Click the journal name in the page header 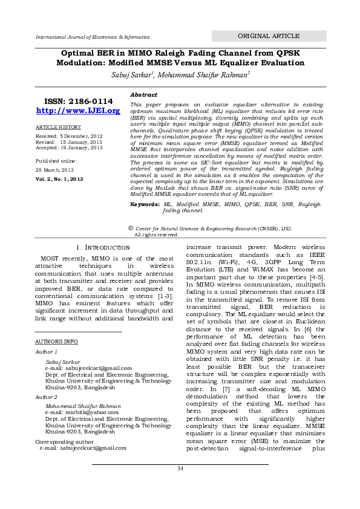(x=93, y=37)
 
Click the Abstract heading (x=144, y=95)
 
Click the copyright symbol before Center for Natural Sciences (x=131, y=228)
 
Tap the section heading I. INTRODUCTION (x=104, y=248)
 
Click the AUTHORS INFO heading (x=57, y=342)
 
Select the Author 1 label (x=47, y=351)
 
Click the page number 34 (x=180, y=468)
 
